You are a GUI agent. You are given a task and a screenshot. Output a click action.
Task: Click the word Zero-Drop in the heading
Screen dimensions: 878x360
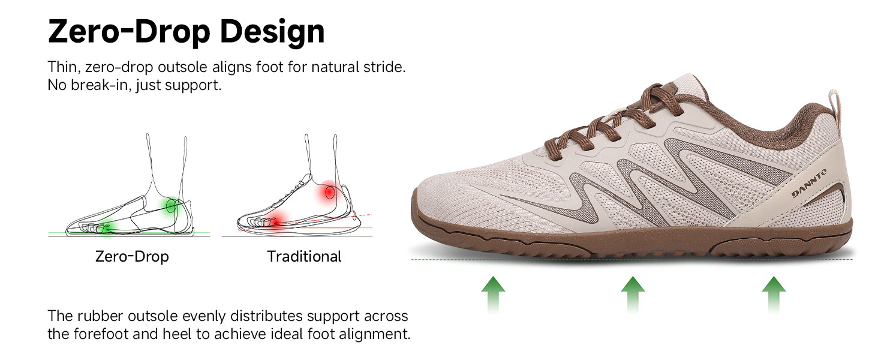point(130,31)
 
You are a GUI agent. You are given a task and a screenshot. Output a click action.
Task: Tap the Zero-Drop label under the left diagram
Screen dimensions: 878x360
point(132,256)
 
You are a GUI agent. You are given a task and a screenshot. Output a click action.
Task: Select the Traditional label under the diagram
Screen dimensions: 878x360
point(304,256)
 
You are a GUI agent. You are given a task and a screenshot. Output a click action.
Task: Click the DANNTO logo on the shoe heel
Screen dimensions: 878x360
point(809,183)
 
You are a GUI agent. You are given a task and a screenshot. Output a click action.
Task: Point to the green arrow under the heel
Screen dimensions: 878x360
point(774,294)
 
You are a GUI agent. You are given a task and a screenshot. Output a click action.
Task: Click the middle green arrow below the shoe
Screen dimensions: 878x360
point(633,294)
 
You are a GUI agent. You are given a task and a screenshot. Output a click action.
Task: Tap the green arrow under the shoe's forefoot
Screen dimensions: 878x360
point(493,294)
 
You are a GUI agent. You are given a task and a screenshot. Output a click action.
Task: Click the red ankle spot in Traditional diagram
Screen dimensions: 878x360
point(329,193)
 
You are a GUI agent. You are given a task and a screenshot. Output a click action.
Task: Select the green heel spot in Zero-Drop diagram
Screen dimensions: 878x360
point(171,205)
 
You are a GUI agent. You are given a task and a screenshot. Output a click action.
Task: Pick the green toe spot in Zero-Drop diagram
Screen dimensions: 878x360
point(107,228)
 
